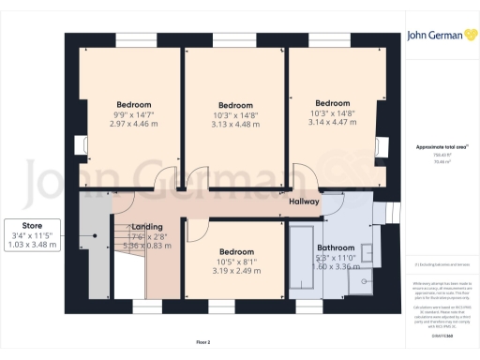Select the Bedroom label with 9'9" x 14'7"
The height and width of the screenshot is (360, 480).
[x=134, y=104]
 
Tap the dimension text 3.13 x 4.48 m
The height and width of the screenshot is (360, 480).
[x=235, y=124]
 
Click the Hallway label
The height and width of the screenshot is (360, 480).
[x=304, y=202]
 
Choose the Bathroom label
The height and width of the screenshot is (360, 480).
[x=336, y=221]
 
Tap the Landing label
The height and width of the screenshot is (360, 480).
[x=147, y=227]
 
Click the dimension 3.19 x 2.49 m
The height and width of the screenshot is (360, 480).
[x=235, y=271]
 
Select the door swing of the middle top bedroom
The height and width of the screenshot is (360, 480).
[x=200, y=174]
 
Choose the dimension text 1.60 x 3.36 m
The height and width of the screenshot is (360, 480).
[x=336, y=239]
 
